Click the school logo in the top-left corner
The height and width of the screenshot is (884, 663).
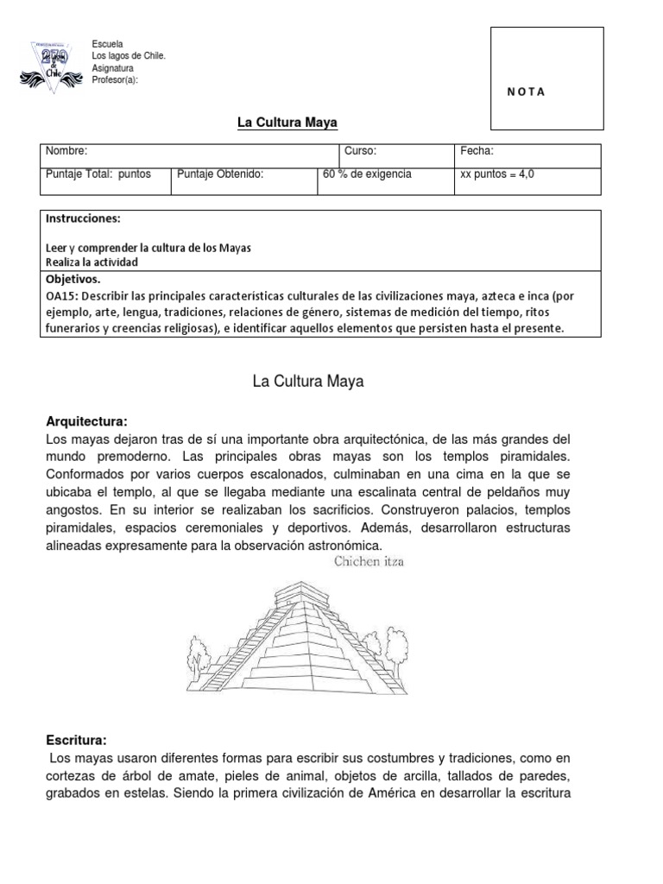49,64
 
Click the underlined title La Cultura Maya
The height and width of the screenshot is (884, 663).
282,123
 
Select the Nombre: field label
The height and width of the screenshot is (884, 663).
66,151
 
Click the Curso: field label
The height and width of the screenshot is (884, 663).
360,151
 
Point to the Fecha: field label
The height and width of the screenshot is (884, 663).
477,151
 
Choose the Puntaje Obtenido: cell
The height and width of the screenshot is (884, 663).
220,174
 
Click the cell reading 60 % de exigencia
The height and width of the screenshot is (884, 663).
367,174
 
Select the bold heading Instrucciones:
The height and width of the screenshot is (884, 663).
84,219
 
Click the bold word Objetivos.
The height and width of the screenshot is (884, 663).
73,280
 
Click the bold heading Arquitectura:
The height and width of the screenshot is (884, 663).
86,421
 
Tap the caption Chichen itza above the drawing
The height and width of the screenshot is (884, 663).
369,562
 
